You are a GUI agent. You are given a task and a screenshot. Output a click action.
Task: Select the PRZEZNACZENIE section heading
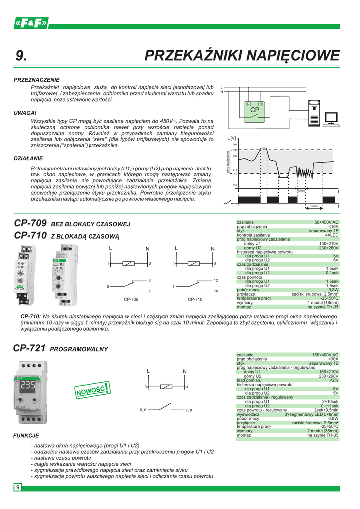pyautogui.click(x=37, y=80)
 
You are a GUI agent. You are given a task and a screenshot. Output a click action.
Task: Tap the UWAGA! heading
pyautogui.click(x=26, y=113)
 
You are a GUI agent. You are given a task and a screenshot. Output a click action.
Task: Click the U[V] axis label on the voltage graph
pyautogui.click(x=231, y=138)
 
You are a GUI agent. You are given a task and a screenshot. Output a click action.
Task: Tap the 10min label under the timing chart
pyautogui.click(x=314, y=205)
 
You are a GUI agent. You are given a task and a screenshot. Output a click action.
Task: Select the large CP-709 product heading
pyautogui.click(x=31, y=223)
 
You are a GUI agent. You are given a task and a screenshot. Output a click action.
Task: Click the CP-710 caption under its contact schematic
pyautogui.click(x=195, y=300)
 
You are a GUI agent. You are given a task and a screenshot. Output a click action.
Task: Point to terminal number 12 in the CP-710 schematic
pyautogui.click(x=216, y=281)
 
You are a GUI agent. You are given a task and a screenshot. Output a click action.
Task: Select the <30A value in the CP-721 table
pyautogui.click(x=333, y=358)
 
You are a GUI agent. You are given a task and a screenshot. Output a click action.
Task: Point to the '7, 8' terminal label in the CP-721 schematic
pyautogui.click(x=188, y=410)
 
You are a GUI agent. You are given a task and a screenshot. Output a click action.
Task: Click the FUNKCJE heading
pyautogui.click(x=27, y=435)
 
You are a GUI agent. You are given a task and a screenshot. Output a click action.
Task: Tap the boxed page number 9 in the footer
pyautogui.click(x=18, y=487)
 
